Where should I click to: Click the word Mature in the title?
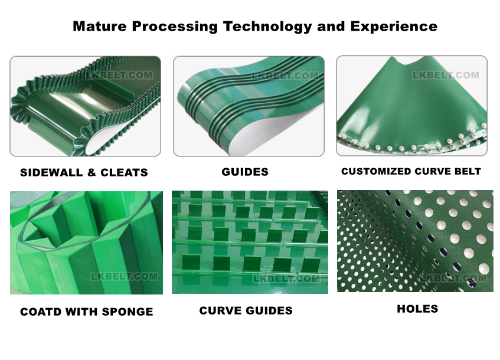click(x=100, y=26)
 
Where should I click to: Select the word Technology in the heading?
click(x=267, y=27)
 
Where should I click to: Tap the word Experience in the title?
click(x=394, y=27)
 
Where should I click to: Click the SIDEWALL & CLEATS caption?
click(x=84, y=172)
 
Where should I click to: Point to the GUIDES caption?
click(x=245, y=172)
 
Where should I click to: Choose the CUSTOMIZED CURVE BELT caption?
click(x=411, y=171)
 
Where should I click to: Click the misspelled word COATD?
click(x=41, y=312)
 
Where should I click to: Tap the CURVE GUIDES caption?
click(x=246, y=310)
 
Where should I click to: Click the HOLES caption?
click(x=417, y=309)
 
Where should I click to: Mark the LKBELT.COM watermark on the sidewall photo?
click(x=119, y=76)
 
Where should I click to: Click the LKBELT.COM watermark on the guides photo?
click(x=285, y=76)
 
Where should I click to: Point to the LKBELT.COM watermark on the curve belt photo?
click(x=446, y=76)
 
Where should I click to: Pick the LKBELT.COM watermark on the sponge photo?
click(x=125, y=276)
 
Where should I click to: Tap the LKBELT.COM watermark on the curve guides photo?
click(x=286, y=279)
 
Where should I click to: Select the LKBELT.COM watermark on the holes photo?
click(x=453, y=278)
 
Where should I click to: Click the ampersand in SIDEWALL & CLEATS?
click(x=91, y=172)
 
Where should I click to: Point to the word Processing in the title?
click(x=175, y=27)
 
